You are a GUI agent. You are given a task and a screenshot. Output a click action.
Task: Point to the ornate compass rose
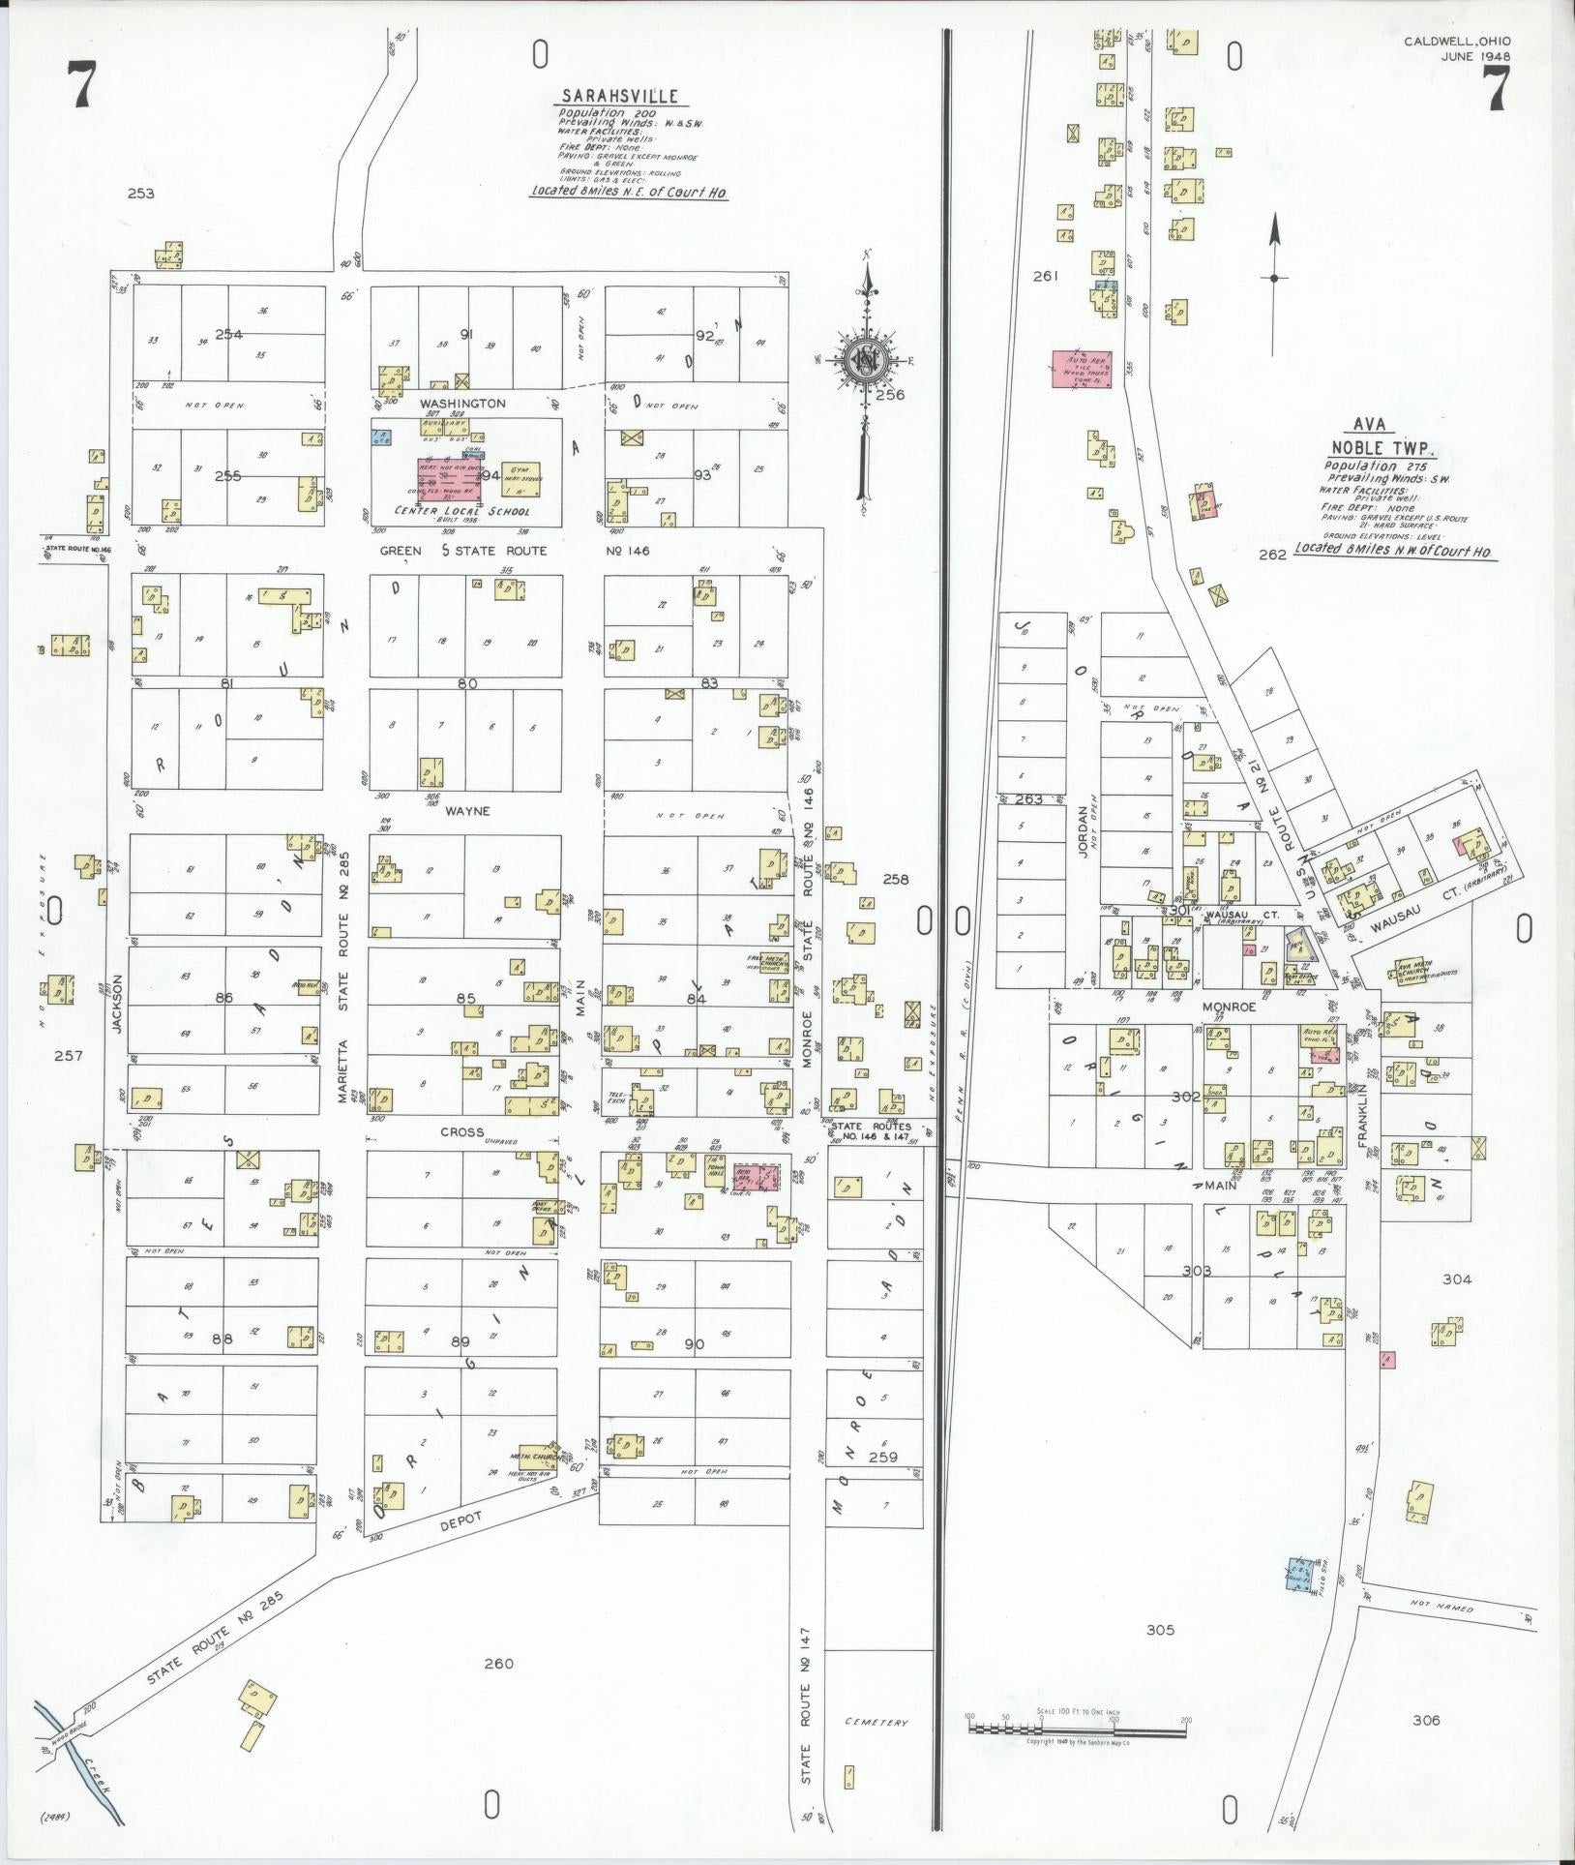pos(865,360)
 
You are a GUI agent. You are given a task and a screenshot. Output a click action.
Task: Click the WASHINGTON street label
pos(462,403)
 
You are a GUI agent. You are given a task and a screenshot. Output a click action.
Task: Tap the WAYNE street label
pos(467,811)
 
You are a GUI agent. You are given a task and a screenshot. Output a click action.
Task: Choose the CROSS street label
pos(462,1131)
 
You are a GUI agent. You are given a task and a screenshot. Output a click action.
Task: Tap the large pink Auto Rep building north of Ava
pos(1082,369)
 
